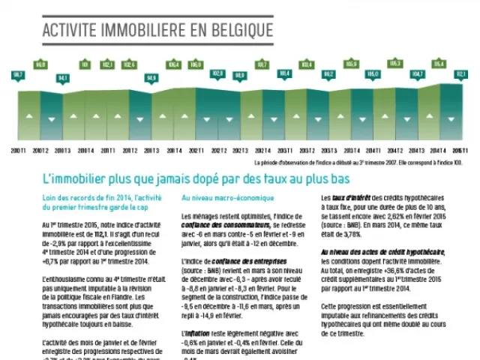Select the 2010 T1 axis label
tap(18, 151)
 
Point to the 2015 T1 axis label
tap(461, 151)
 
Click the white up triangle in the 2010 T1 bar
tap(18, 118)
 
